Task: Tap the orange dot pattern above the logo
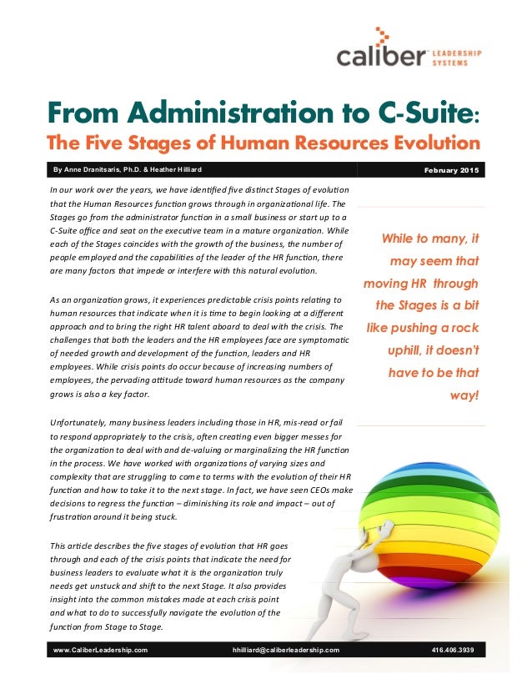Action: point(381,36)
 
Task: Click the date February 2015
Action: point(452,171)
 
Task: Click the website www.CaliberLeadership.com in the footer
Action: point(100,649)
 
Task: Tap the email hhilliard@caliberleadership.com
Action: point(286,649)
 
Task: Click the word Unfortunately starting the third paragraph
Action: point(78,425)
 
